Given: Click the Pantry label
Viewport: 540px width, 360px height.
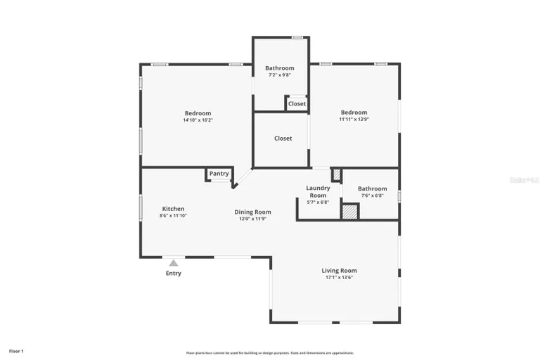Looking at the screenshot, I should pos(219,174).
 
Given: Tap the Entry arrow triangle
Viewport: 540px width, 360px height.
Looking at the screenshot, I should pos(173,263).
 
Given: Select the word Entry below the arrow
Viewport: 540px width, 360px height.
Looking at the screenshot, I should pos(173,274).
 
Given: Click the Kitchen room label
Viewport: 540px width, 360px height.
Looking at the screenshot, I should pos(173,209).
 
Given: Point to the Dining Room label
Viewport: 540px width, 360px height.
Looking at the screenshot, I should pos(252,212).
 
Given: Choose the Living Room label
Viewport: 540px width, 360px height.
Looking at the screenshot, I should pos(339,271).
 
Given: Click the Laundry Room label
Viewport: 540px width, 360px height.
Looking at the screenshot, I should pos(318,191).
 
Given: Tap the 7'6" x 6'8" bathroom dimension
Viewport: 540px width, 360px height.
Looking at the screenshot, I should pos(372,195).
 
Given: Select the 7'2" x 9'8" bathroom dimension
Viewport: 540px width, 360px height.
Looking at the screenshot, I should pos(279,75).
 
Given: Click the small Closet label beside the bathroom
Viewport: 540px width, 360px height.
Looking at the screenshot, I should pos(297,103).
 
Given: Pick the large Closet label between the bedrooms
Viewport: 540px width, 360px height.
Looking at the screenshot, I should pos(283,139).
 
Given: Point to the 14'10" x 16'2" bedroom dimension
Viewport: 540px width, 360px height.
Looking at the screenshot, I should pos(198,120).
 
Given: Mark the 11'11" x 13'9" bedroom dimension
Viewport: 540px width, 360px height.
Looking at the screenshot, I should pos(354,120).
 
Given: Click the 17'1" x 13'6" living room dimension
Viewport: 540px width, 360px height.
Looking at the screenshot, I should pos(339,278).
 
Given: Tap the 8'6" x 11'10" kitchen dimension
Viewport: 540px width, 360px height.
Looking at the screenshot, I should pos(173,216).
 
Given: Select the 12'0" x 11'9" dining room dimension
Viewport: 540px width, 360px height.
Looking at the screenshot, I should pos(252,219).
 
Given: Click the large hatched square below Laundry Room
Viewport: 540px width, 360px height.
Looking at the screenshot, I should pos(349,212).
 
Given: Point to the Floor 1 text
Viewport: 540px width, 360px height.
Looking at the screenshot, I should pos(16,350).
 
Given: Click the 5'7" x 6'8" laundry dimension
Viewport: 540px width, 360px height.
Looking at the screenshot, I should pos(318,202).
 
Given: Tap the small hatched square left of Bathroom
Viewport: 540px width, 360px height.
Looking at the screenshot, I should pos(336,173).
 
